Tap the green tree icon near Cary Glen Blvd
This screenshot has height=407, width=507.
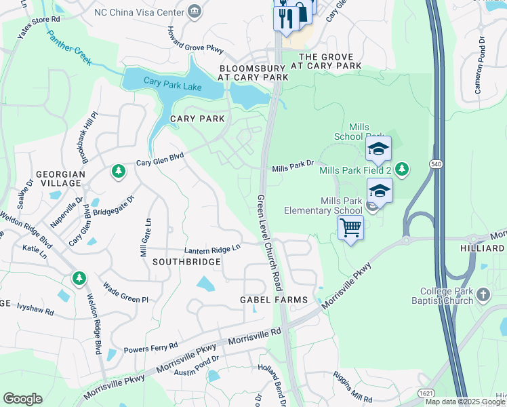click(x=119, y=171)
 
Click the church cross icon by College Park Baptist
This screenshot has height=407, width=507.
click(x=482, y=294)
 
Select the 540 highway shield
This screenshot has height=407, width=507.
click(x=436, y=164)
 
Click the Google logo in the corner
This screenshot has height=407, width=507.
click(x=22, y=399)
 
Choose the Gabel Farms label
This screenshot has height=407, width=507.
click(x=274, y=300)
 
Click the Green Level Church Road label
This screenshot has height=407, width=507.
click(x=268, y=243)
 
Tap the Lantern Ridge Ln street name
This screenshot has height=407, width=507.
click(x=213, y=250)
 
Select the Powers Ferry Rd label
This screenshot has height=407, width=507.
click(x=150, y=347)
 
